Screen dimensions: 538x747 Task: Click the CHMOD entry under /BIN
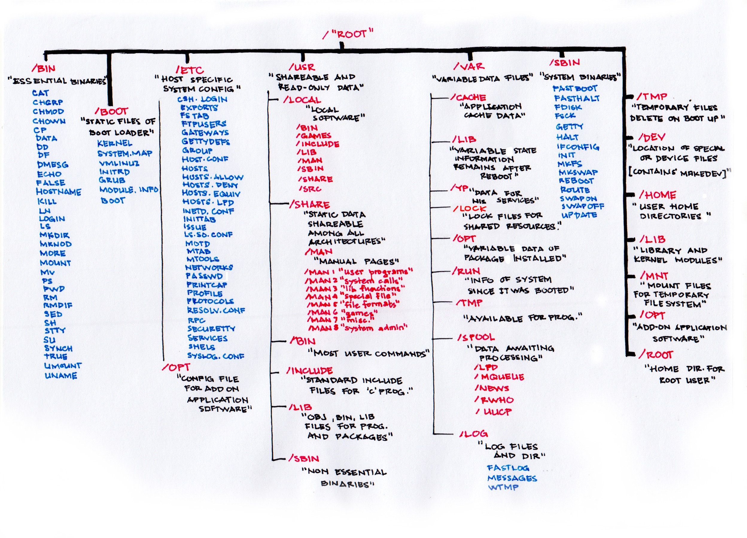pyautogui.click(x=48, y=111)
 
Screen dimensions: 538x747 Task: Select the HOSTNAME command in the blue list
pyautogui.click(x=59, y=192)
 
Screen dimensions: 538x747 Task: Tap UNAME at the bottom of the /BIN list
pyautogui.click(x=61, y=375)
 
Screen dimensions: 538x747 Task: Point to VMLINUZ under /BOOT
pyautogui.click(x=119, y=163)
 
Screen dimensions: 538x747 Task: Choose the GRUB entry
pyautogui.click(x=112, y=180)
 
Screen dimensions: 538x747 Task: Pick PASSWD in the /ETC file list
pyautogui.click(x=204, y=276)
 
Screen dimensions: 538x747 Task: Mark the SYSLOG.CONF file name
pyautogui.click(x=216, y=356)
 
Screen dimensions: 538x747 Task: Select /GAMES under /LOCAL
pyautogui.click(x=314, y=136)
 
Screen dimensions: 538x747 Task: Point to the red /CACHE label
pyautogui.click(x=468, y=98)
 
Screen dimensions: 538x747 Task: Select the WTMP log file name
pyautogui.click(x=503, y=487)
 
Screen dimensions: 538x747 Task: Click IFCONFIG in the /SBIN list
pyautogui.click(x=578, y=147)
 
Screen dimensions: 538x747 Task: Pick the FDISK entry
pyautogui.click(x=568, y=107)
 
